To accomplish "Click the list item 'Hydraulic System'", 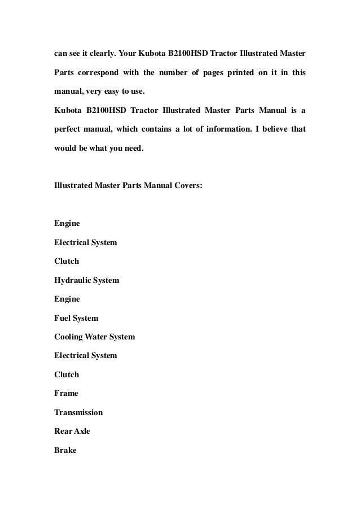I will (x=86, y=280).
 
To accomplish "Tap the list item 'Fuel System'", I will (x=76, y=318).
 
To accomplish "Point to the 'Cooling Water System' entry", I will (x=94, y=337).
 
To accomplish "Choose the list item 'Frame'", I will (x=66, y=393).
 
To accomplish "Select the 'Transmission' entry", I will (x=78, y=412).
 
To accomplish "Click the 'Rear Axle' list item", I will (x=72, y=431).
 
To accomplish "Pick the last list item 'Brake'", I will (x=65, y=450).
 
